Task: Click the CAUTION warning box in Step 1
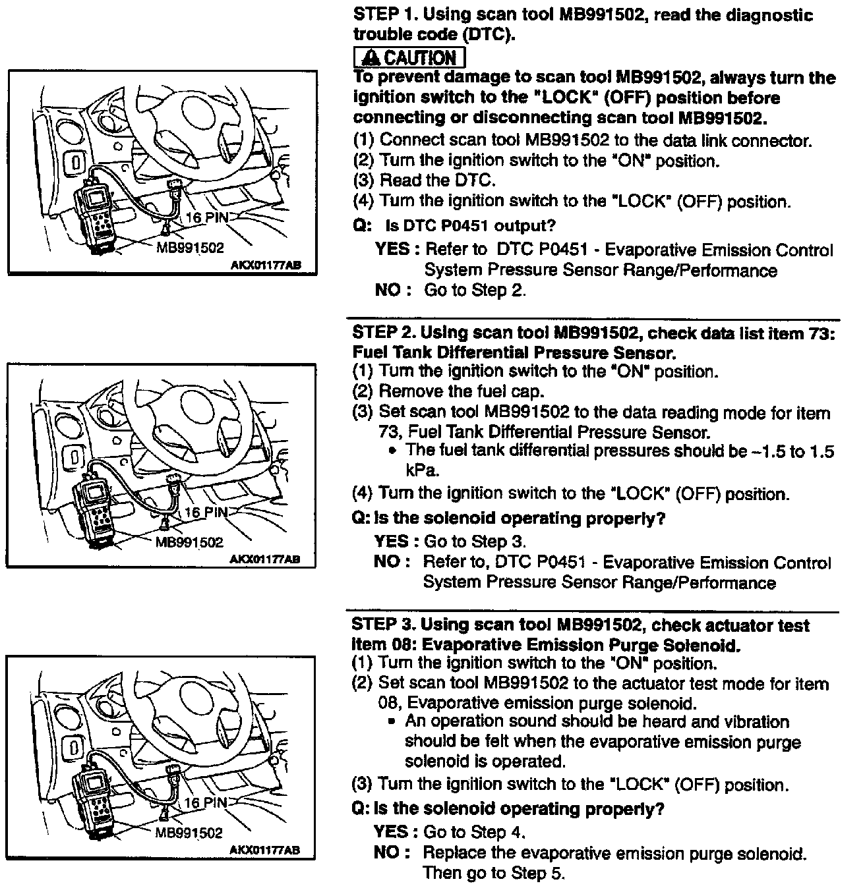point(409,57)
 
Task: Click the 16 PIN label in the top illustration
point(206,217)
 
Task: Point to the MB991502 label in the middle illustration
point(189,542)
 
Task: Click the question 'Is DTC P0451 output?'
point(470,226)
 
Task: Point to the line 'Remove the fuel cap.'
point(461,391)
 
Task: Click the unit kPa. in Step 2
point(422,470)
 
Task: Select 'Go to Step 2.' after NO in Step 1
point(475,290)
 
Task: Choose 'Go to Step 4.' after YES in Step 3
point(474,832)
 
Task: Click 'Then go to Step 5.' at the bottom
point(494,874)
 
